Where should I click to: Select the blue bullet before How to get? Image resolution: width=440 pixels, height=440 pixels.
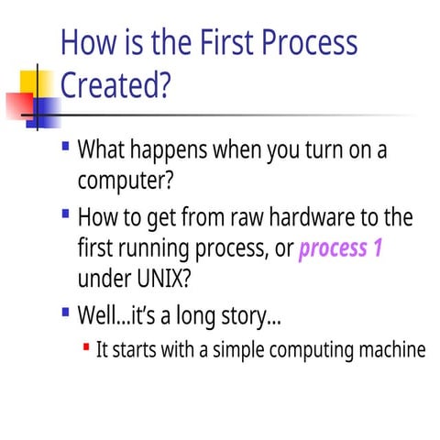(x=65, y=214)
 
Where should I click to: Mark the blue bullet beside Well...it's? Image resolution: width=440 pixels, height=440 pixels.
(x=65, y=313)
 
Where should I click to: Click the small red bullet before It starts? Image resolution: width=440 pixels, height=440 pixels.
(x=85, y=347)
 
